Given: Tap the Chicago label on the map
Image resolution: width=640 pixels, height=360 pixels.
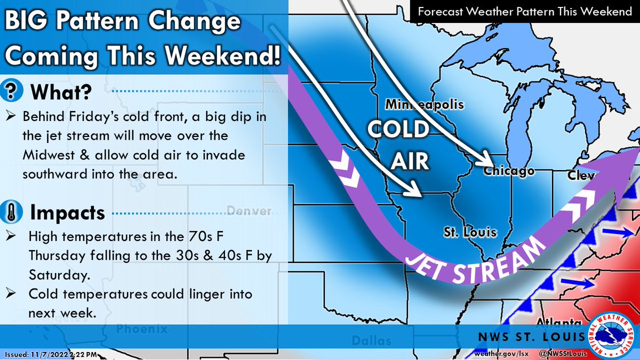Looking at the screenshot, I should (509, 171).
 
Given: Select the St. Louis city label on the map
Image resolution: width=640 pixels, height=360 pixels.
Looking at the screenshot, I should (470, 233).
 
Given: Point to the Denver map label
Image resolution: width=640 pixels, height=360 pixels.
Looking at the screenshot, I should (249, 211).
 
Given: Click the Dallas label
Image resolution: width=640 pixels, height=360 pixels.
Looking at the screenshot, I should (371, 340).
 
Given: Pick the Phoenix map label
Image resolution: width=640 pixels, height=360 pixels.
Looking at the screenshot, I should (142, 329).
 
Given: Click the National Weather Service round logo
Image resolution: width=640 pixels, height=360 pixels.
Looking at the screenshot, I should (614, 334).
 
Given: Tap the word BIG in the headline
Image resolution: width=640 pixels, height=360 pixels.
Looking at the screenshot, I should (31, 22).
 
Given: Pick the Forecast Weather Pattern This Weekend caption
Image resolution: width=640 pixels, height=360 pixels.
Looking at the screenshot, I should (524, 12).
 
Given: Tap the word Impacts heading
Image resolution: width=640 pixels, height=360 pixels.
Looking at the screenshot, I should (67, 213).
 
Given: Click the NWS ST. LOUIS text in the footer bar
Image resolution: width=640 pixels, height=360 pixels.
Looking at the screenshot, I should (537, 337).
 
